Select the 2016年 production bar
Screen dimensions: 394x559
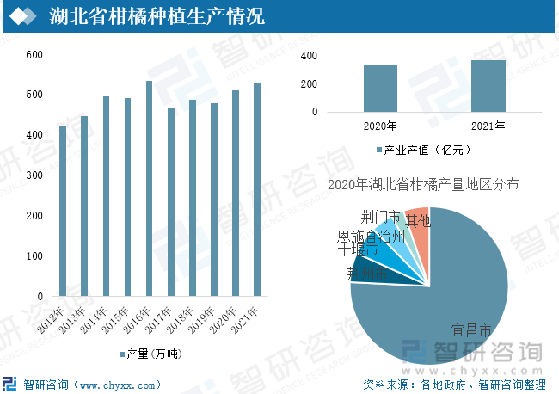click(149, 189)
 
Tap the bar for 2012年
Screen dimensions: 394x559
click(63, 211)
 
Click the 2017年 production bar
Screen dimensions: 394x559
click(170, 202)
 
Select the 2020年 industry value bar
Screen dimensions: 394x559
click(380, 89)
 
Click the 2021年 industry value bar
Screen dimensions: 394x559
click(488, 86)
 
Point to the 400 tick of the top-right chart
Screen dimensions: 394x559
click(309, 56)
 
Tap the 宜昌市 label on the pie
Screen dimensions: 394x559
click(471, 330)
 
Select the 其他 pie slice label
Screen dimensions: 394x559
click(418, 221)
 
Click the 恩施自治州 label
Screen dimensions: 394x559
click(371, 236)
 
